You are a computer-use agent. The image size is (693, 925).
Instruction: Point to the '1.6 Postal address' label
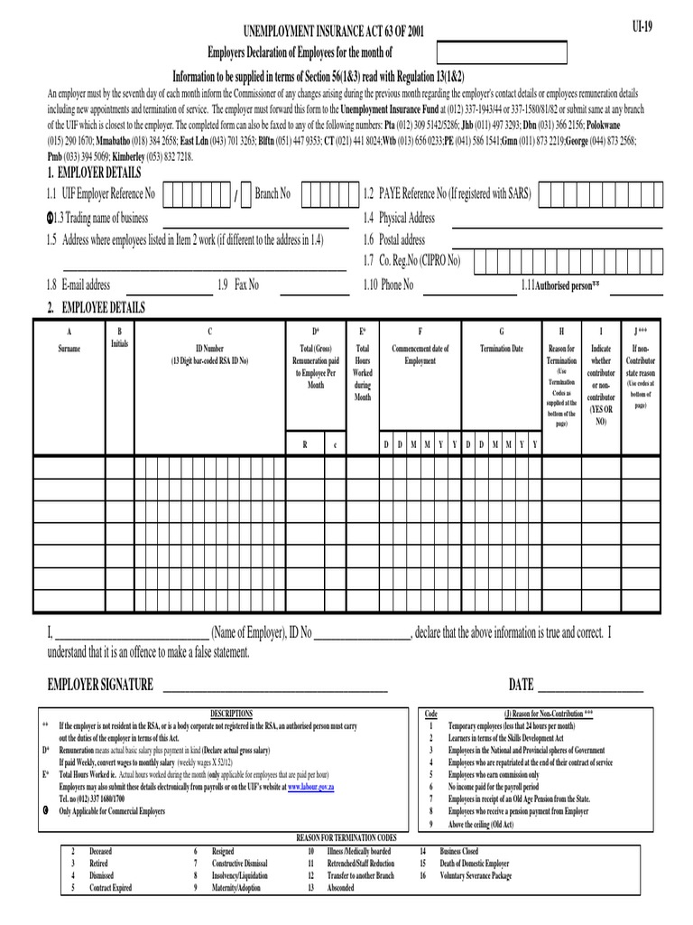point(393,240)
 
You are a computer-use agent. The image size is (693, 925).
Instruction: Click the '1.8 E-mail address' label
point(79,285)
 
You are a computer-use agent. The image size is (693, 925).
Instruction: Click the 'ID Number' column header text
point(209,349)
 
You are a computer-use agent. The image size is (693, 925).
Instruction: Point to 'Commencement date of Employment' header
point(420,354)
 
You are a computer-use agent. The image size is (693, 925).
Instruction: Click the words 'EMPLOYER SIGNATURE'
point(100,685)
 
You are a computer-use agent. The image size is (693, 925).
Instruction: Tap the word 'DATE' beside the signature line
point(522,685)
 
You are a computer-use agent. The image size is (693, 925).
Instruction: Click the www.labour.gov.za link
point(313,788)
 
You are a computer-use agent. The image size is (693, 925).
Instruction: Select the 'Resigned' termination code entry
point(223,852)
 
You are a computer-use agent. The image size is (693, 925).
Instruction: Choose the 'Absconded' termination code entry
point(341,888)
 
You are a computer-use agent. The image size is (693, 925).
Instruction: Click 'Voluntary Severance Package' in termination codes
point(476,876)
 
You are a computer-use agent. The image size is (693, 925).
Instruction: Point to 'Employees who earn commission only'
point(494,775)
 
